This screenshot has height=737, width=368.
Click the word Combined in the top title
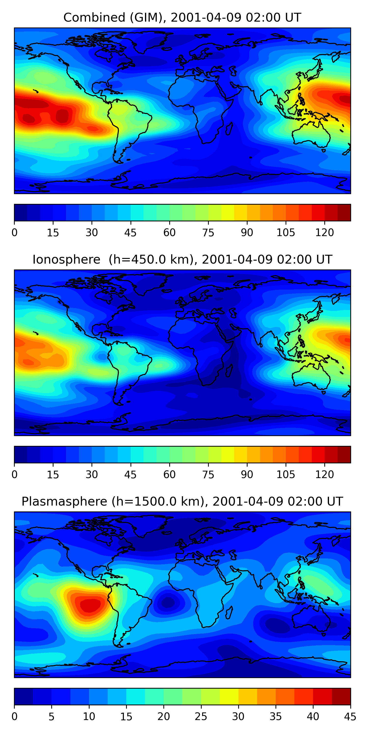tap(94, 18)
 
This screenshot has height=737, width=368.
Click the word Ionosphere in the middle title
tap(66, 260)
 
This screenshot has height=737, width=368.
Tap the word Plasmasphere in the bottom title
tap(64, 502)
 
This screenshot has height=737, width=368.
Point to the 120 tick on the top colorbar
tap(325, 232)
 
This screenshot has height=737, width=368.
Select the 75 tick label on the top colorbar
tap(208, 232)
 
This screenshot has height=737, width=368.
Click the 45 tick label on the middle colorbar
tap(130, 474)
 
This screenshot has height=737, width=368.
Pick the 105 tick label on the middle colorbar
tap(286, 474)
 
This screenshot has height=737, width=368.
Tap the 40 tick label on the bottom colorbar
tap(313, 716)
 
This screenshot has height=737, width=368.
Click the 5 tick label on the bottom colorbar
tap(52, 716)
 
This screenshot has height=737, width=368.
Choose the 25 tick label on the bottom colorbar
tap(201, 716)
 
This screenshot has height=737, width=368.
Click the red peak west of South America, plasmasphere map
tap(90, 605)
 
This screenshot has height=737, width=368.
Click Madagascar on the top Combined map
tap(229, 129)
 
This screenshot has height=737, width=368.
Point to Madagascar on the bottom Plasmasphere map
tap(229, 612)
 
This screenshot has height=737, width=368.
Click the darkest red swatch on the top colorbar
tap(344, 213)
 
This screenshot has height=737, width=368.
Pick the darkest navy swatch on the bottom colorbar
tap(23, 696)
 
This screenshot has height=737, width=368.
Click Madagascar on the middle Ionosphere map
tap(229, 371)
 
